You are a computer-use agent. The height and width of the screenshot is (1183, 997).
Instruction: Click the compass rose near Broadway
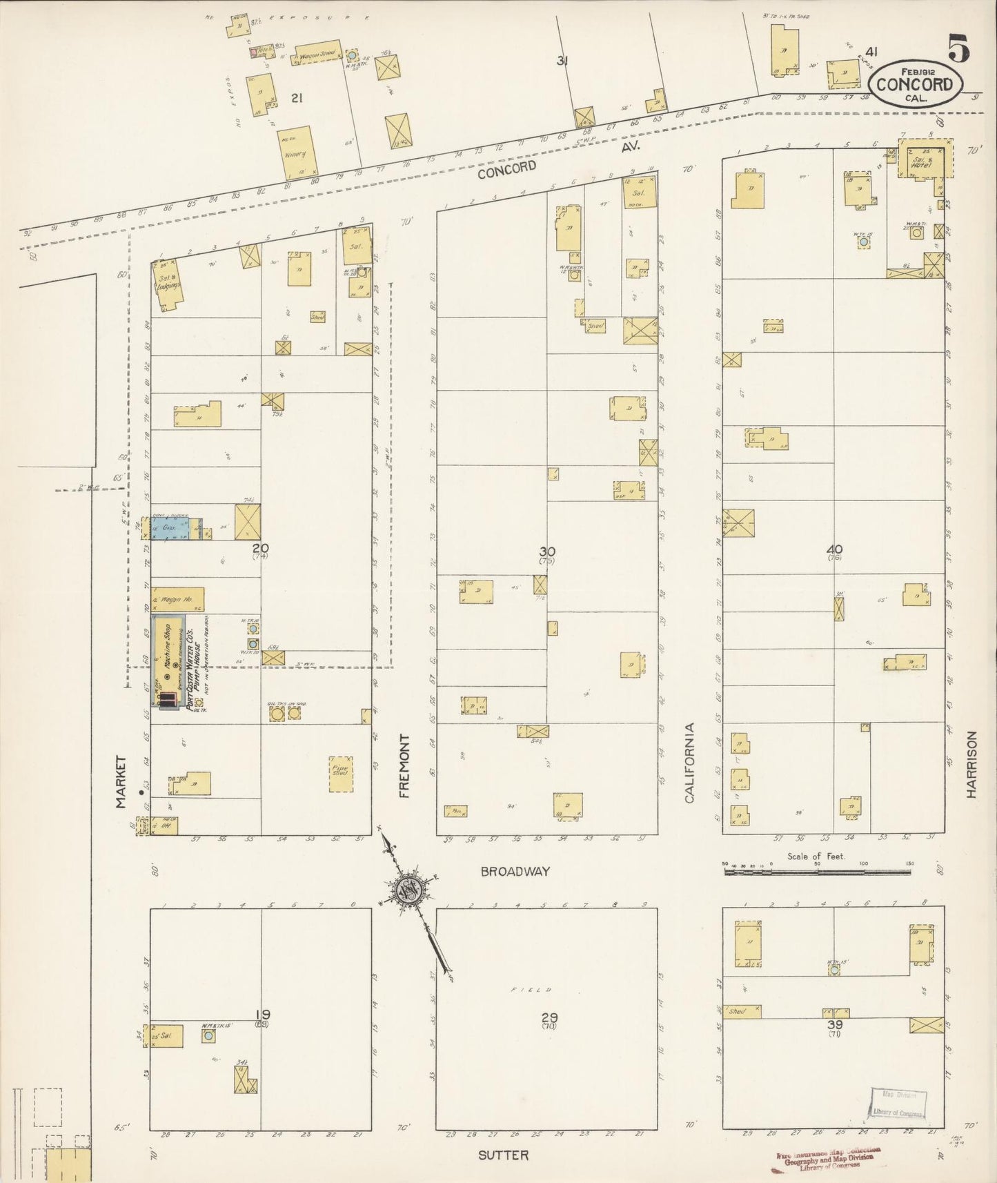coord(408,891)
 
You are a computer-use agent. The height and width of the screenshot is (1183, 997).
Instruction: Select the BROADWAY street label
coord(515,871)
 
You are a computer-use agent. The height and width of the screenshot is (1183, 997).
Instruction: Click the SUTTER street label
coord(503,1155)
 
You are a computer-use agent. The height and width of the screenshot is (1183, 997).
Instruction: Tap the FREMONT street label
coord(404,766)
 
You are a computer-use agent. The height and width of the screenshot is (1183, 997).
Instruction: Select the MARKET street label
coord(121,781)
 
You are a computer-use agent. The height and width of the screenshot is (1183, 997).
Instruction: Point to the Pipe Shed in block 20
coord(341,773)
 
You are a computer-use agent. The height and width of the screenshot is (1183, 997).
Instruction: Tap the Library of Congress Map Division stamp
coord(896,1104)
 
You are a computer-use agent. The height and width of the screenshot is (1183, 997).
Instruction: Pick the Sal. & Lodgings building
coord(168,285)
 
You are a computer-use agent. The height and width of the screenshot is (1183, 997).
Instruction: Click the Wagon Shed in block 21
coord(317,55)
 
